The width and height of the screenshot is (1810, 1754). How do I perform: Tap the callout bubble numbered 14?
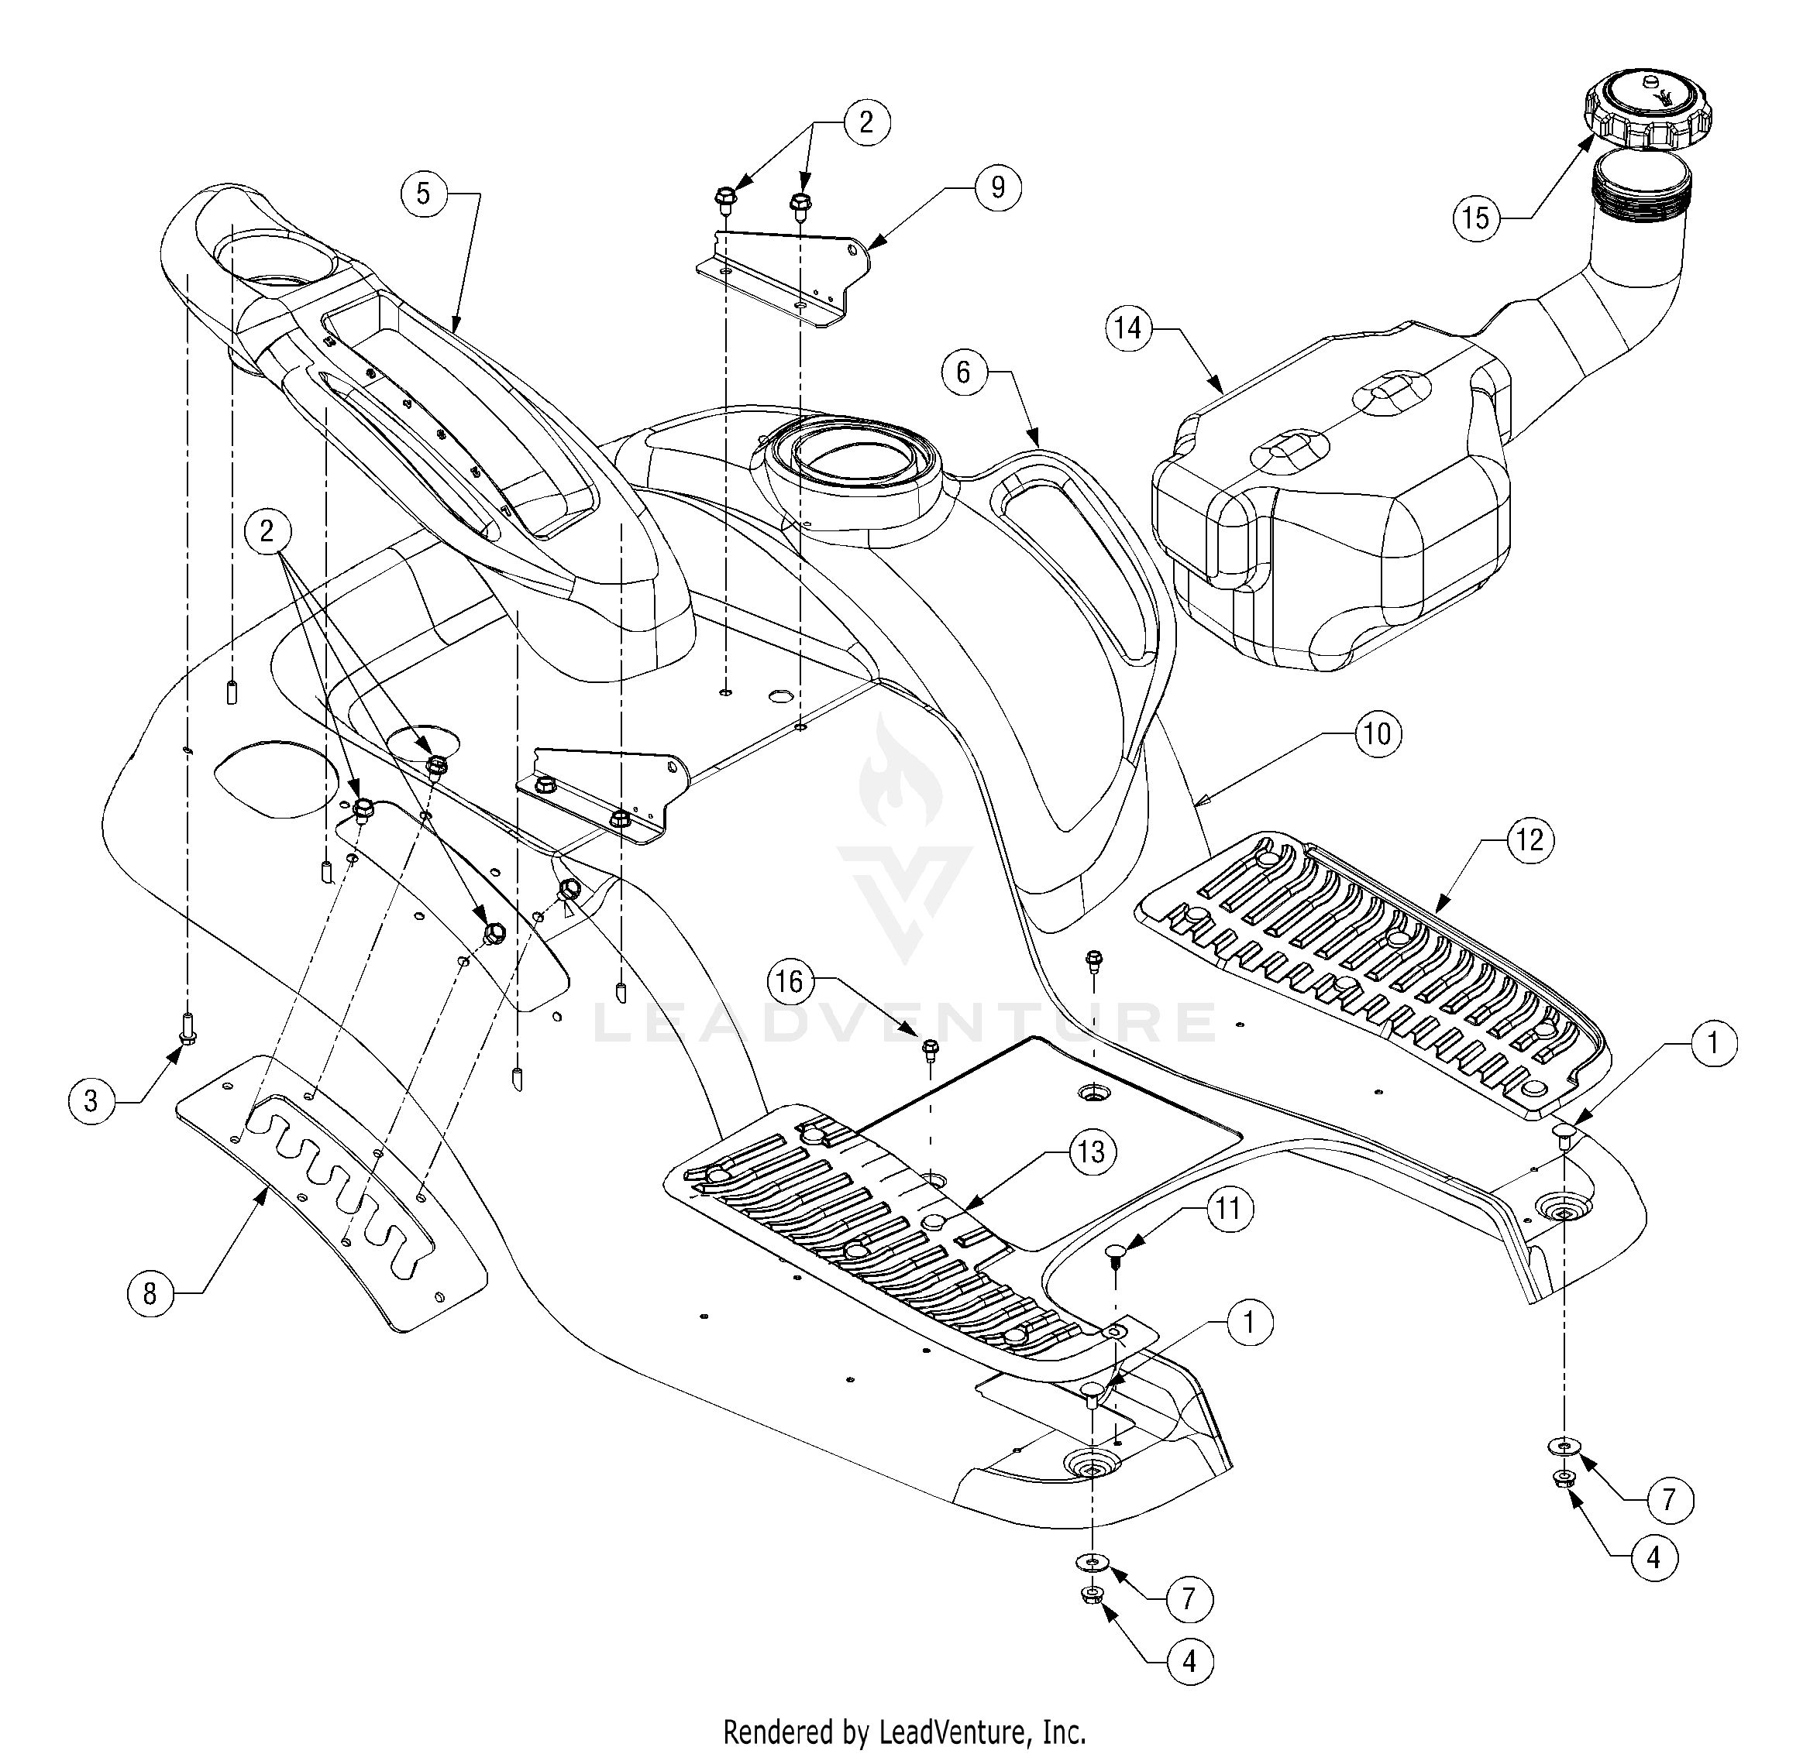pos(1128,328)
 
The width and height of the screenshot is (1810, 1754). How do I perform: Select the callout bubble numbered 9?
pos(997,187)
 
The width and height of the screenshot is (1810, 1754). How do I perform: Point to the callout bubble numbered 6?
pos(964,372)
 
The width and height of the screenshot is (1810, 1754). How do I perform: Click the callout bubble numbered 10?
pos(1377,734)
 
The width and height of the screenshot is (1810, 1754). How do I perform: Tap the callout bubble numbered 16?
pos(790,981)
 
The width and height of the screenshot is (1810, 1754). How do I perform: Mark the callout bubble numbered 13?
pos(1092,1152)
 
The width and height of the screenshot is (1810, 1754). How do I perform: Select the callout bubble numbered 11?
pos(1228,1210)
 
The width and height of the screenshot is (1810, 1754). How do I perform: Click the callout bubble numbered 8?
pos(150,1294)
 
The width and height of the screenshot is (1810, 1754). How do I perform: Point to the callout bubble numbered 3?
pos(91,1100)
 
